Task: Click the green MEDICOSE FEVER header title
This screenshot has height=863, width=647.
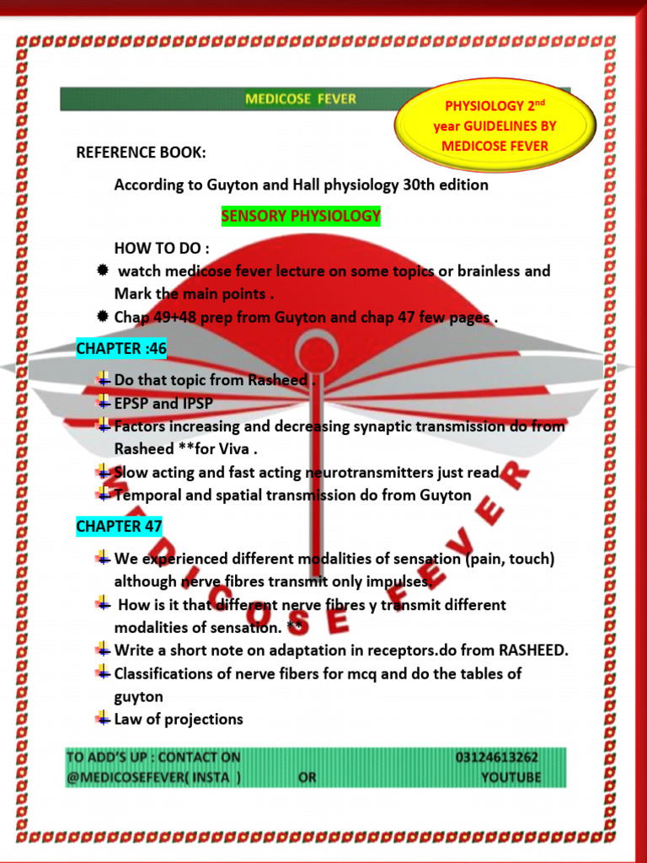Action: (x=301, y=99)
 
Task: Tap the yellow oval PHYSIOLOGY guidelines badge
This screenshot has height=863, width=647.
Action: (x=495, y=126)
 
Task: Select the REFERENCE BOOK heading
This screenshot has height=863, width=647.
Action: (x=141, y=152)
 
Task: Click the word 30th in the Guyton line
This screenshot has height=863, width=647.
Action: (x=421, y=185)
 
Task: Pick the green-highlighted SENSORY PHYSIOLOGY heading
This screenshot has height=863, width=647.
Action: (x=301, y=217)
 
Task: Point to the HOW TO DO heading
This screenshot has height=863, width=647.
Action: (x=162, y=249)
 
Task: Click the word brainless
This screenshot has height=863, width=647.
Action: (x=489, y=271)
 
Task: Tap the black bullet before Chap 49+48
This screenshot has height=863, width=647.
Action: (x=102, y=317)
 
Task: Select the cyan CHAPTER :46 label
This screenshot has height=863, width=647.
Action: (x=121, y=348)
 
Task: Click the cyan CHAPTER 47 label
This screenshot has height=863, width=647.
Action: (x=119, y=526)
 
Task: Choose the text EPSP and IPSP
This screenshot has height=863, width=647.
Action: (x=163, y=404)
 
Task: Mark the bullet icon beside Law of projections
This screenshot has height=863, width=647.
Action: (x=102, y=718)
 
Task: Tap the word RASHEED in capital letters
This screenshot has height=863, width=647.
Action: (x=532, y=651)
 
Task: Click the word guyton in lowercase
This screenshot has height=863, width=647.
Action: (x=139, y=697)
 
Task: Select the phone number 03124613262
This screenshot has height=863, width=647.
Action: (x=497, y=758)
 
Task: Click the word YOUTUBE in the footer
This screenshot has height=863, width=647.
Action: (x=511, y=777)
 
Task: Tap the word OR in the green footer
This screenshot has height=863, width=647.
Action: (x=307, y=777)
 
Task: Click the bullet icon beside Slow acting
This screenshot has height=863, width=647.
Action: (x=102, y=471)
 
